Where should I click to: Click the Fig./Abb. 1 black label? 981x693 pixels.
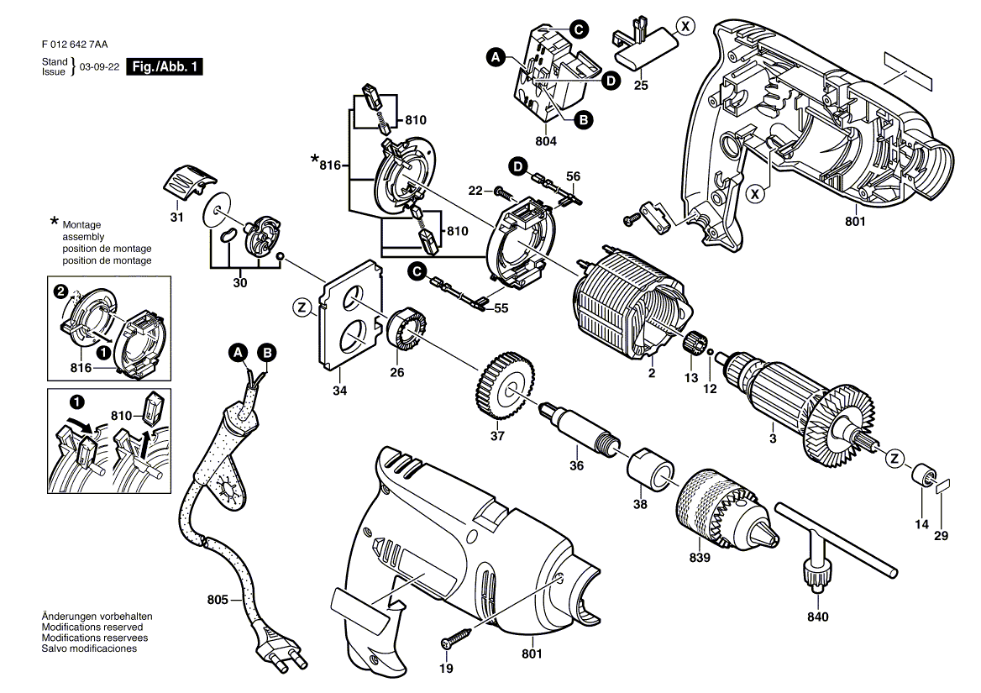(165, 67)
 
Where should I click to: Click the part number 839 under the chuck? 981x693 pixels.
(700, 557)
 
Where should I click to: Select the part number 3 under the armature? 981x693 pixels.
(773, 439)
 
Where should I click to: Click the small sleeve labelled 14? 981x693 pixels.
(921, 475)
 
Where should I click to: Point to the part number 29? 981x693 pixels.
(941, 535)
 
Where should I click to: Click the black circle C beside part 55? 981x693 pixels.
(416, 271)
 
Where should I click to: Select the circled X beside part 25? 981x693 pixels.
(686, 26)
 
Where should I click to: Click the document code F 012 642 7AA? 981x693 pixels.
(75, 45)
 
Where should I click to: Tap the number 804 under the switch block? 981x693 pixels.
(546, 141)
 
